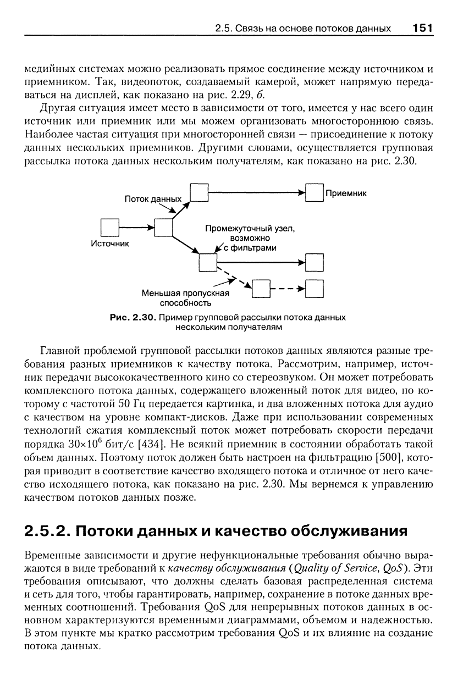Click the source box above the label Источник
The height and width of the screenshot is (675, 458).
pos(109,226)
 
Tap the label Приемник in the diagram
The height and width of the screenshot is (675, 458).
pos(346,193)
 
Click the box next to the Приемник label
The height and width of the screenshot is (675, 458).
pos(314,193)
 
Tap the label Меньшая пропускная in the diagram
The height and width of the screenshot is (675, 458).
pos(184,293)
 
